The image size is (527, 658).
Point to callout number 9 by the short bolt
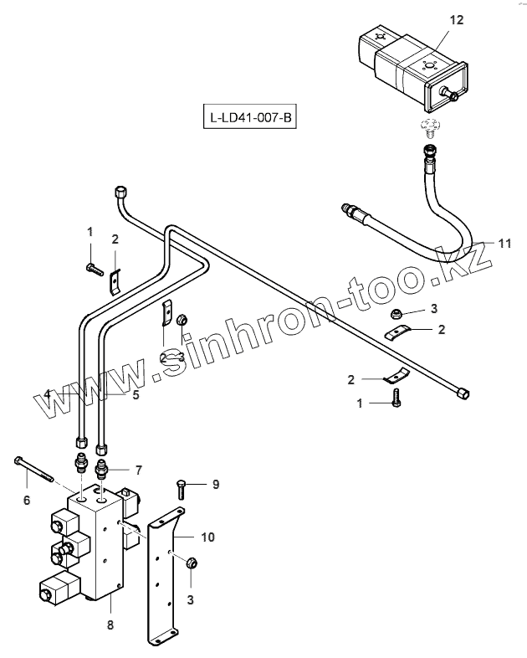click(x=215, y=484)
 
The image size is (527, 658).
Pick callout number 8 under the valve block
click(x=110, y=625)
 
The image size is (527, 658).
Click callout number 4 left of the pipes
click(x=49, y=393)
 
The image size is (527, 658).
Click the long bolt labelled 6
click(x=33, y=469)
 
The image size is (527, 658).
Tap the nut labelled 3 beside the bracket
click(x=190, y=563)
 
